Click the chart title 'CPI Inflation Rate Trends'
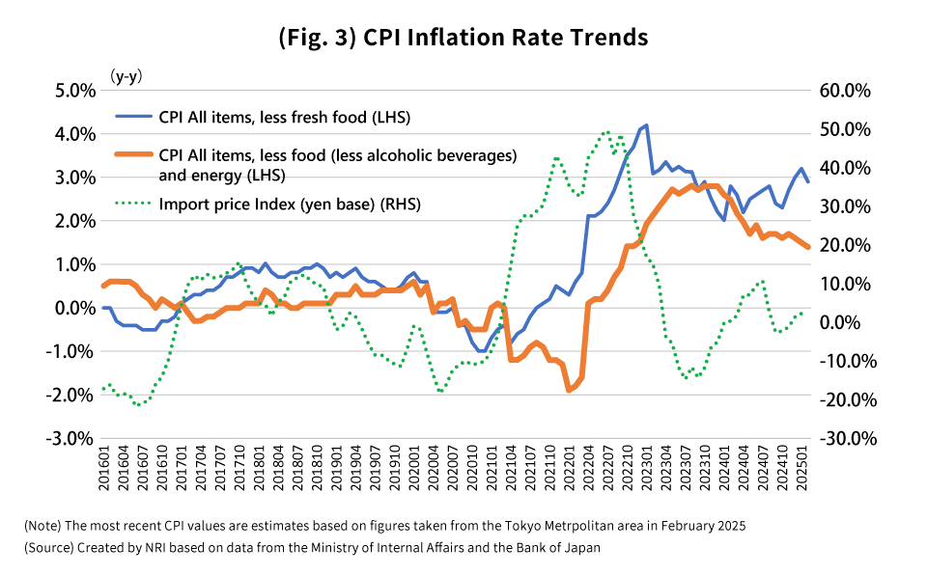coord(463,38)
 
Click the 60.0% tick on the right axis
coord(845,91)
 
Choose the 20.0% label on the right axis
coord(845,245)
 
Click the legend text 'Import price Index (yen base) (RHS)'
coord(290,204)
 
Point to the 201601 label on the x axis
coord(103,474)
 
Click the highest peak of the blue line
coord(646,125)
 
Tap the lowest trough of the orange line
coord(569,390)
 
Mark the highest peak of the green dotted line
coord(606,132)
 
